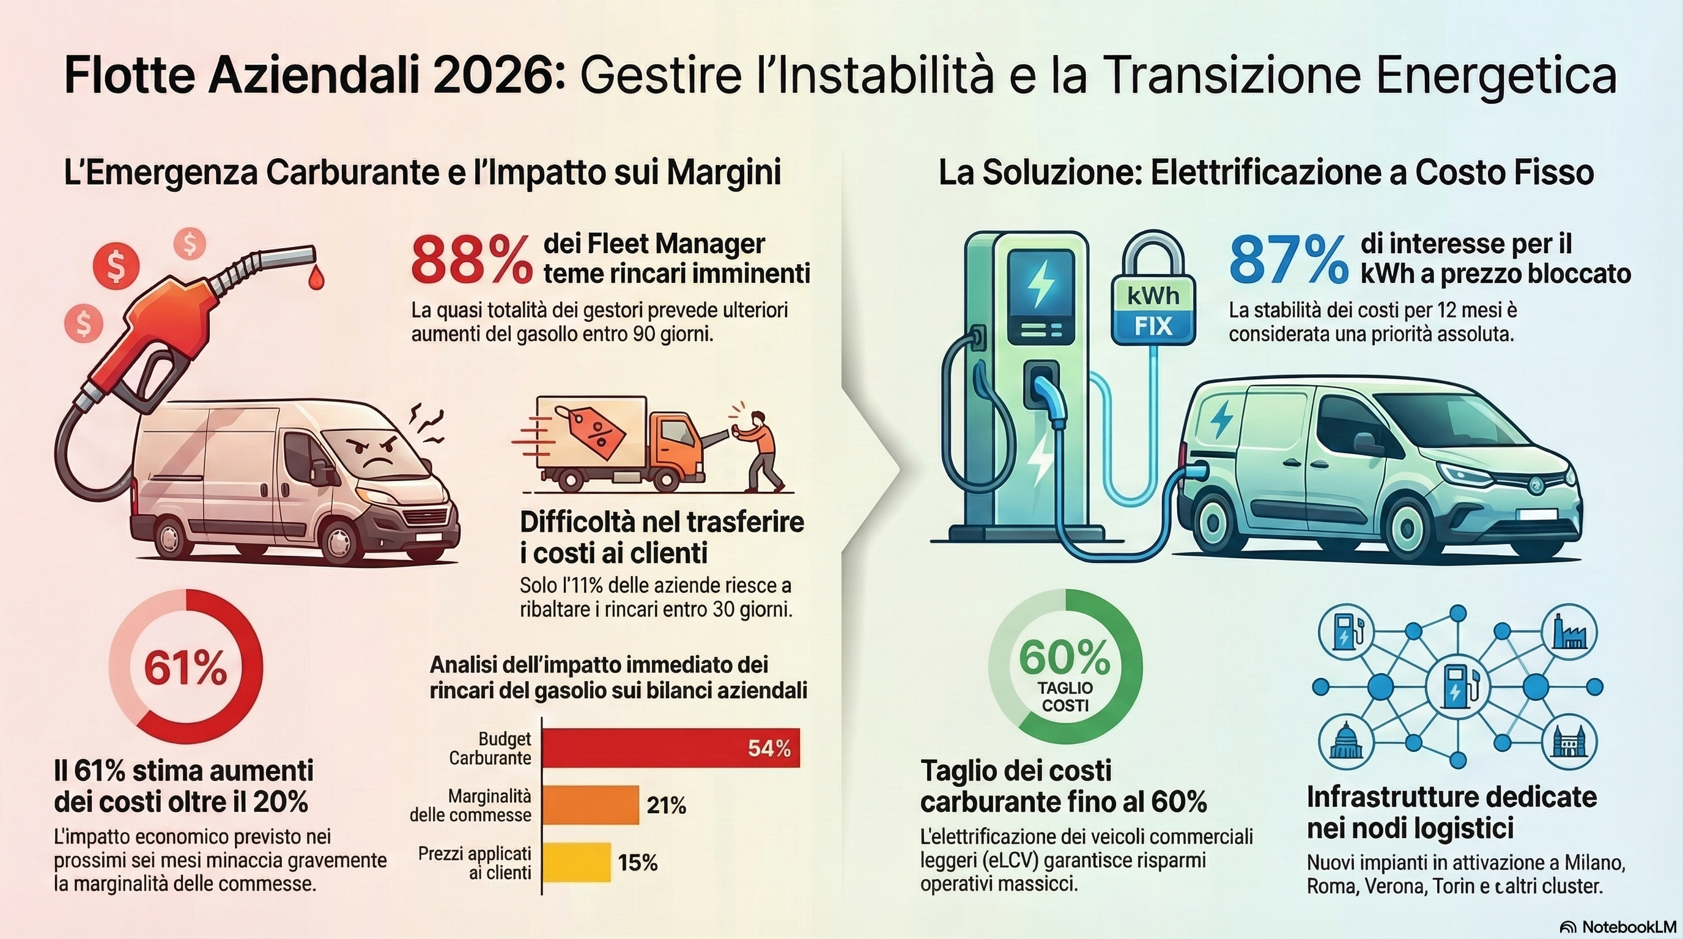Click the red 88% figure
(x=472, y=261)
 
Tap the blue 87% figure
(x=1288, y=261)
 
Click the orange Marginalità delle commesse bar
(x=591, y=805)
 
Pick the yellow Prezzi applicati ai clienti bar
(x=577, y=862)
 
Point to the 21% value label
(x=667, y=806)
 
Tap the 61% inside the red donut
(x=185, y=668)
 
